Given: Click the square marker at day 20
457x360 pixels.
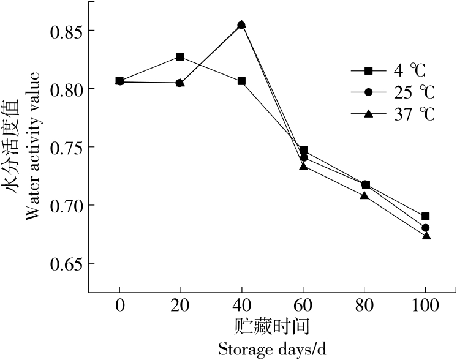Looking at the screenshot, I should coord(181,57).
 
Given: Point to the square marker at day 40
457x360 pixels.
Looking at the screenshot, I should coord(242,81).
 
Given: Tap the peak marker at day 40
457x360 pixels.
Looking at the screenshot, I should coord(242,25).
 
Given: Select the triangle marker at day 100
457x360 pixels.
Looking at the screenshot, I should coord(426,236).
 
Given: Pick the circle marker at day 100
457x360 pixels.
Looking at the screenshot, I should coord(426,228).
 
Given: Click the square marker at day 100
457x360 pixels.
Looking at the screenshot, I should coord(426,216).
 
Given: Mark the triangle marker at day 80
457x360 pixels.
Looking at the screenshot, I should coord(364,196).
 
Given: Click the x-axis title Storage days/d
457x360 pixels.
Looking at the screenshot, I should coord(273,350).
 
